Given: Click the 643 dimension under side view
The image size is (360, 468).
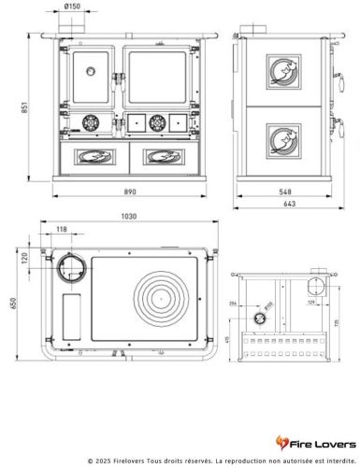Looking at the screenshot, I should (x=290, y=204).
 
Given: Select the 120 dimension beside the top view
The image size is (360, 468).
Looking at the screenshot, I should (x=25, y=257).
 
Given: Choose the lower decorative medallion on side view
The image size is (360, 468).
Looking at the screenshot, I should (x=281, y=138).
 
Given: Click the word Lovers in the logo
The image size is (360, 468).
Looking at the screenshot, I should (x=330, y=442).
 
